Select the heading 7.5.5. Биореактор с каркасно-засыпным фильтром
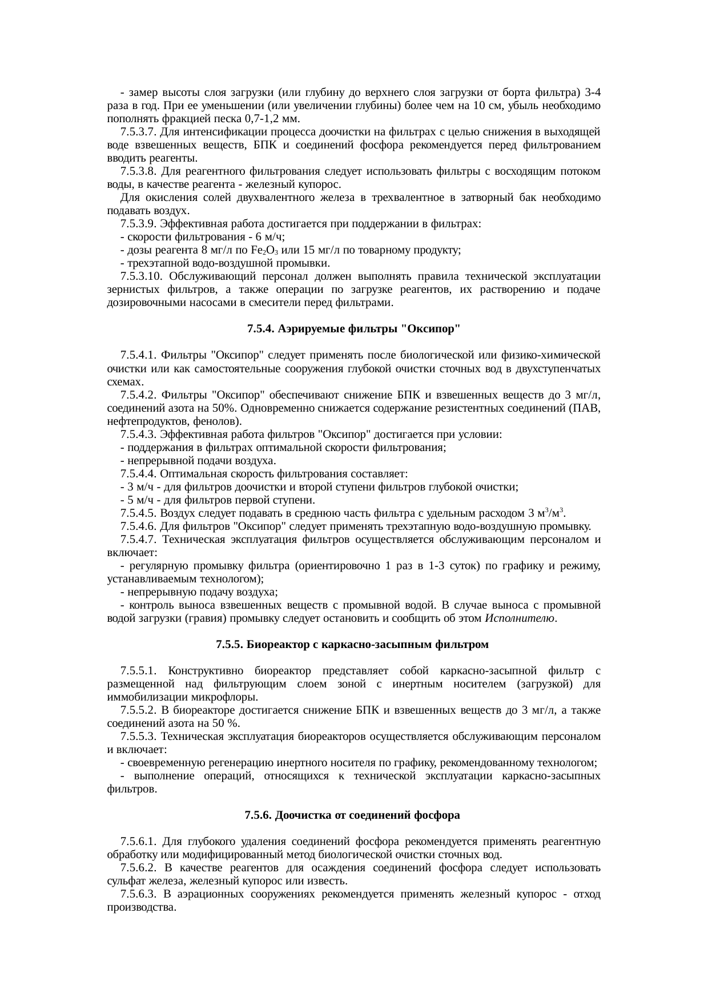coord(352,645)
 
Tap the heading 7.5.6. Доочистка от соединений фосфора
coord(352,815)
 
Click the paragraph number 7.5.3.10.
coord(142,277)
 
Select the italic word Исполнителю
coord(520,618)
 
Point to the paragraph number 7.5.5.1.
coord(139,671)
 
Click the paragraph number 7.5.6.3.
coord(139,895)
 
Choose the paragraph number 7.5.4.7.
coord(139,540)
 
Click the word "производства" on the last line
coord(139,908)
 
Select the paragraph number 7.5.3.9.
coord(139,224)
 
